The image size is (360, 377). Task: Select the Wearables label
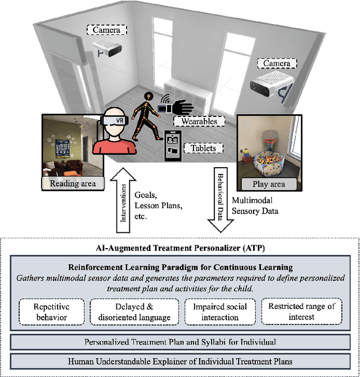[x=195, y=121]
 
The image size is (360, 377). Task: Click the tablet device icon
[x=173, y=145]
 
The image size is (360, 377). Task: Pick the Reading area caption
[x=73, y=183]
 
